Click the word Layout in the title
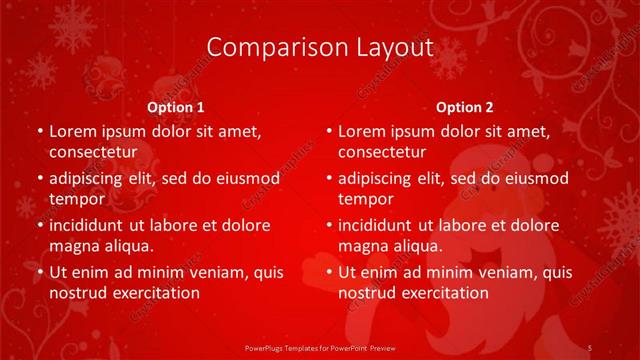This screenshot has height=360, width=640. click(395, 47)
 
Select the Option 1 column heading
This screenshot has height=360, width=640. click(176, 106)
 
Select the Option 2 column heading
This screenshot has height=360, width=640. click(465, 106)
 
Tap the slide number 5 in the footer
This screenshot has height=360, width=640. click(590, 346)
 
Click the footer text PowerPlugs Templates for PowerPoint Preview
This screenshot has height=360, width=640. click(319, 346)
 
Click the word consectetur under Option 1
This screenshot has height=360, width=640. click(93, 152)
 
